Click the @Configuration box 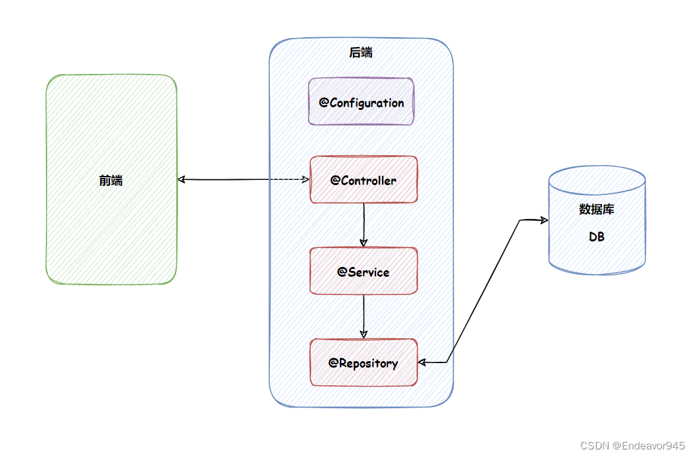point(361,101)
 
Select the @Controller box point(364,179)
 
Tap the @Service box point(364,271)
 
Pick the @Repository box point(364,362)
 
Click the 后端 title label point(361,52)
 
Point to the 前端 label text point(111,180)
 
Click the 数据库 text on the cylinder point(597,209)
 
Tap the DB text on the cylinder point(597,237)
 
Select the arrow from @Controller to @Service point(364,225)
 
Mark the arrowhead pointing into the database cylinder point(544,220)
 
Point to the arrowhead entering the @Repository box point(423,362)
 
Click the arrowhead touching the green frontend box point(181,179)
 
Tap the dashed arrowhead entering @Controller point(305,179)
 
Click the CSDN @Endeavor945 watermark point(633,446)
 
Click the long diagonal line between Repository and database point(483,291)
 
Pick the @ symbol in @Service point(342,272)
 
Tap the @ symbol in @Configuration point(324,102)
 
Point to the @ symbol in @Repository point(333,363)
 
